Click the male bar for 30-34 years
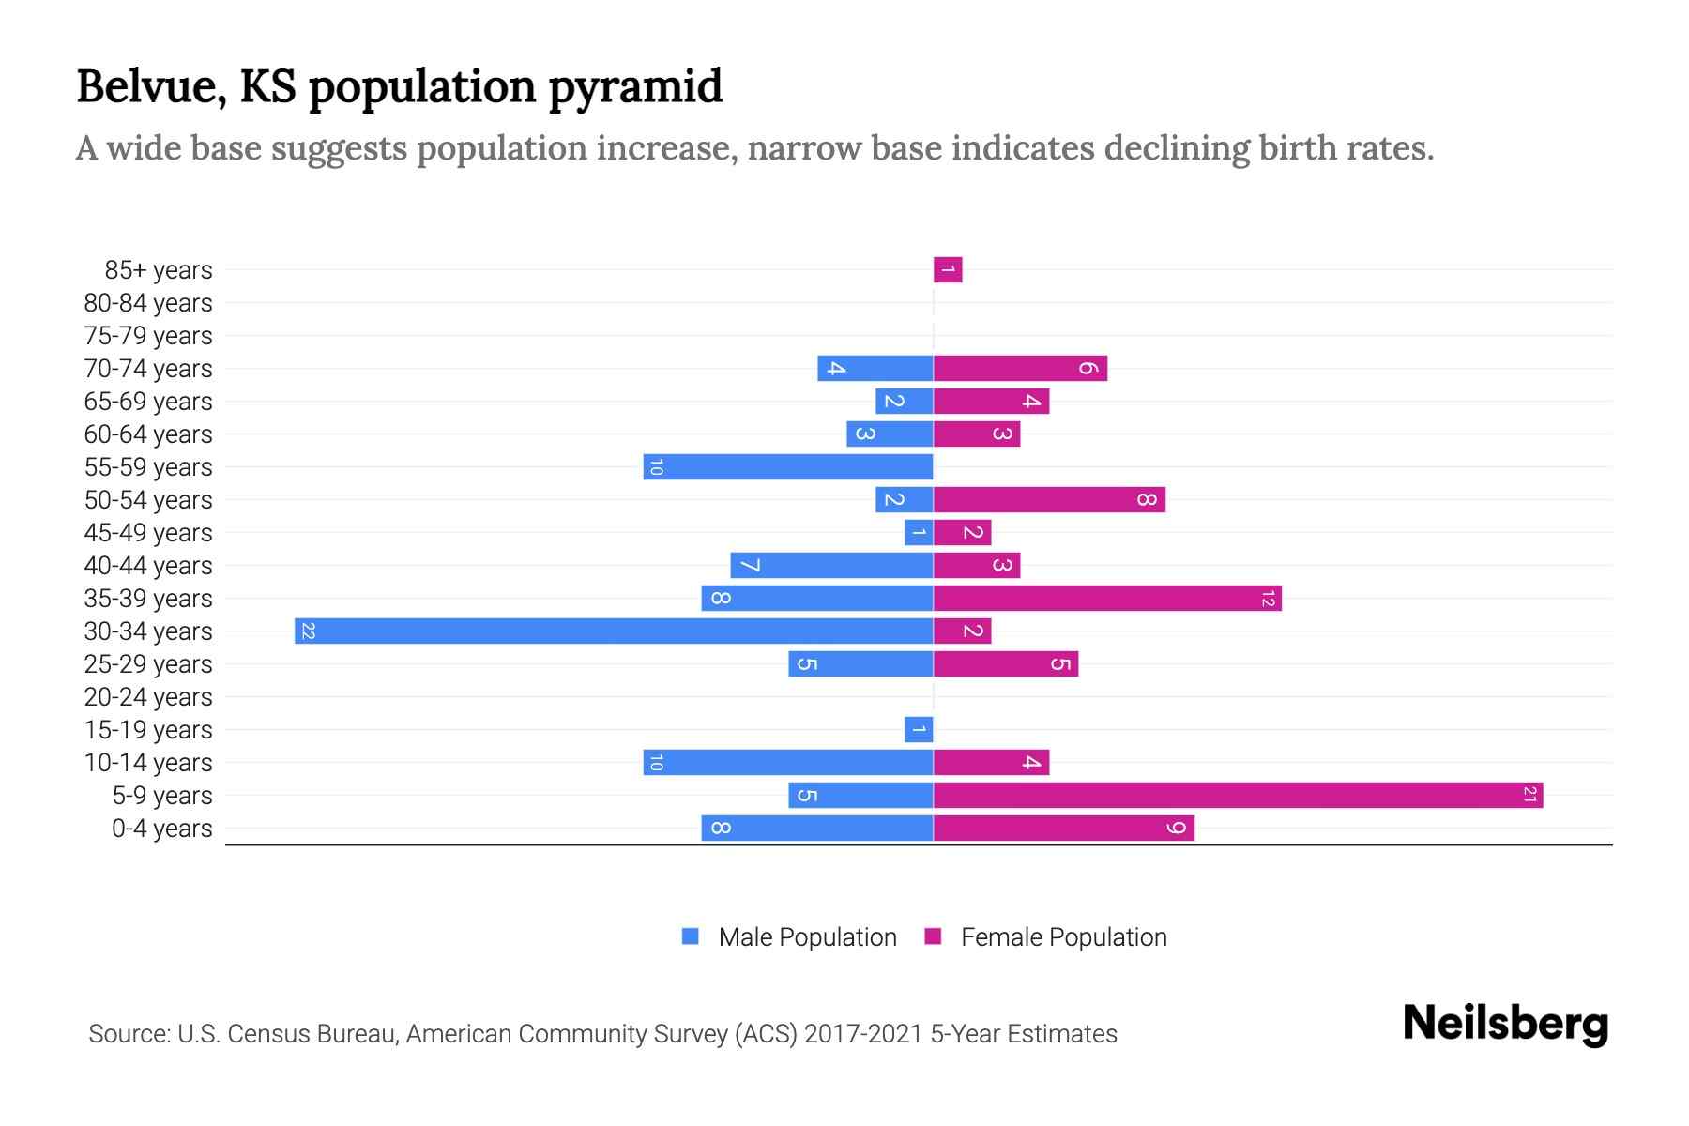(614, 631)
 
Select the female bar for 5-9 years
(1238, 796)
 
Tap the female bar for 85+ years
(948, 270)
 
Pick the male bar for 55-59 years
(788, 467)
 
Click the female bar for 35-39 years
(1107, 599)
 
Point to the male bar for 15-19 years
(919, 730)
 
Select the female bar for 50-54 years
(1049, 500)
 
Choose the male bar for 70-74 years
(875, 369)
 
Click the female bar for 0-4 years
(1063, 829)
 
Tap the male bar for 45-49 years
(919, 533)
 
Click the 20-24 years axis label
(148, 697)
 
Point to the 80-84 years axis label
(148, 303)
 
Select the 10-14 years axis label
(148, 763)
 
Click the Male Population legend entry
(806, 937)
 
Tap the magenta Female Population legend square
(933, 936)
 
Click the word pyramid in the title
(635, 87)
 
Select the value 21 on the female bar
(1529, 796)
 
